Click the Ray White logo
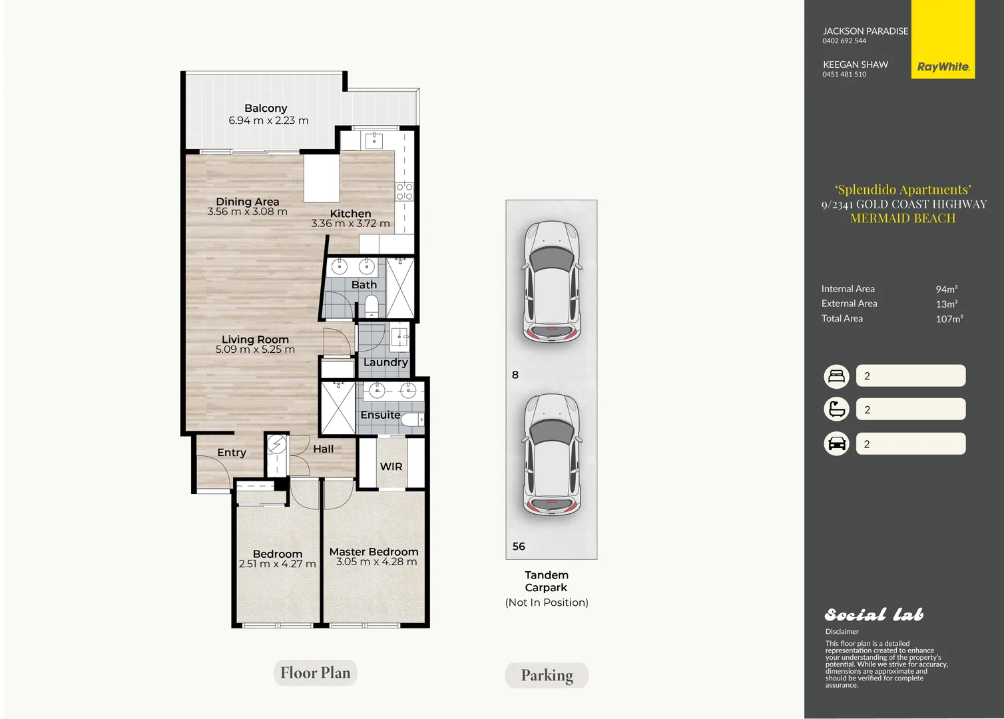pyautogui.click(x=943, y=39)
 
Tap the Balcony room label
pyautogui.click(x=266, y=108)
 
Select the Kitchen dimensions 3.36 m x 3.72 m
pyautogui.click(x=350, y=223)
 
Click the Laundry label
pyautogui.click(x=385, y=362)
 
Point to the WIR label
pyautogui.click(x=391, y=467)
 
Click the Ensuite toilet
pyautogui.click(x=412, y=420)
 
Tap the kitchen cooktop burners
pyautogui.click(x=404, y=192)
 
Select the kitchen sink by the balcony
pyautogui.click(x=374, y=140)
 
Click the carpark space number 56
pyautogui.click(x=519, y=547)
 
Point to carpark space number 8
pyautogui.click(x=515, y=375)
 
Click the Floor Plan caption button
pyautogui.click(x=316, y=673)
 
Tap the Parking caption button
pyautogui.click(x=547, y=676)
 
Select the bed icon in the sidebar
pyautogui.click(x=836, y=376)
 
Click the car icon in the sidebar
pyautogui.click(x=836, y=444)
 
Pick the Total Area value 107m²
pyautogui.click(x=949, y=319)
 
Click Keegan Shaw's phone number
pyautogui.click(x=844, y=75)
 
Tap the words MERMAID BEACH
pyautogui.click(x=903, y=218)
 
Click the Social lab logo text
pyautogui.click(x=874, y=614)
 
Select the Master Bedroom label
pyautogui.click(x=374, y=552)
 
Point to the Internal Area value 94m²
pyautogui.click(x=947, y=290)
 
